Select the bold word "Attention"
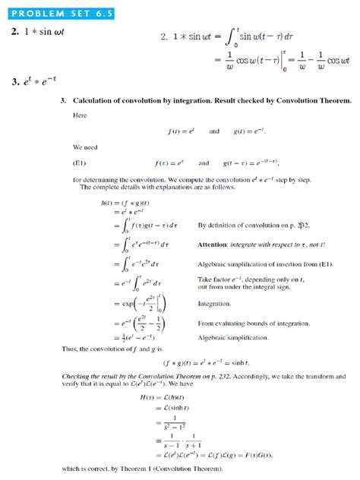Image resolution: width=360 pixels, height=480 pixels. point(214,245)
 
